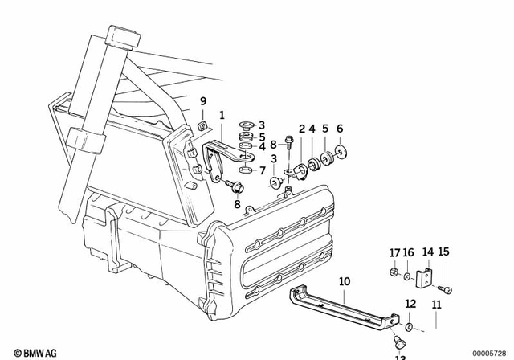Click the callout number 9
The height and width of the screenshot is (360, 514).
203,100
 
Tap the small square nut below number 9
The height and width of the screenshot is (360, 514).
204,125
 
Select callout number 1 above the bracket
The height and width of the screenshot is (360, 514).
222,115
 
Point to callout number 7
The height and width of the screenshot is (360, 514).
262,170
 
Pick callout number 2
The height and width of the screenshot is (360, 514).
302,129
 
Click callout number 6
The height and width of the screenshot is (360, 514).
340,129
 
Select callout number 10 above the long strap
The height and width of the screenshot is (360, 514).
345,281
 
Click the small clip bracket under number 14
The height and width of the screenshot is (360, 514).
426,274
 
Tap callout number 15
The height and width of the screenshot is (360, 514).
443,252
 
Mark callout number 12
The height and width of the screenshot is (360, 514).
410,304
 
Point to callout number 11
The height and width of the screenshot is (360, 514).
436,305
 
